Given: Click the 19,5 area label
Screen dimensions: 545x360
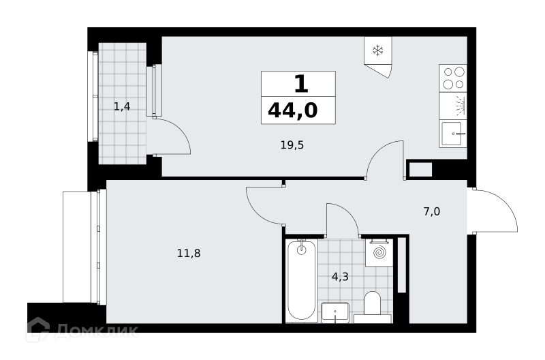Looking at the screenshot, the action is coord(292,145).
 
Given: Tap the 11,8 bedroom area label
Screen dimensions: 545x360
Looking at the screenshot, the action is coord(189,253).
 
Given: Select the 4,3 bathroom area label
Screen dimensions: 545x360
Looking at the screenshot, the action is coord(340,277).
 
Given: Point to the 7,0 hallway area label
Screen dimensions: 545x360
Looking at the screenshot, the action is coord(432,211).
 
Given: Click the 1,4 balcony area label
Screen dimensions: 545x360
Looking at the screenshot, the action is coord(122,106).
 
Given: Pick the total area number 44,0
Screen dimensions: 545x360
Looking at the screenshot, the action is coord(293,110).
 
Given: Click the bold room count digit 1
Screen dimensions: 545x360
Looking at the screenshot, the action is coord(301,84).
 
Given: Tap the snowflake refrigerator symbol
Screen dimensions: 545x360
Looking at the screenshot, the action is coord(377,50).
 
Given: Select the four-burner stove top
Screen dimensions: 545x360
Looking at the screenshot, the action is coord(453,78).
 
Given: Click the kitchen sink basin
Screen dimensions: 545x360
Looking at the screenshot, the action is coord(452,134).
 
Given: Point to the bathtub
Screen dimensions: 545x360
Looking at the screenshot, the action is coord(301,280).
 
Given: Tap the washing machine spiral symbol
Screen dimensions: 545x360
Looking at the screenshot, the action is coord(379,252).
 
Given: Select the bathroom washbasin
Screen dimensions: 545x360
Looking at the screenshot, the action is coord(335,312).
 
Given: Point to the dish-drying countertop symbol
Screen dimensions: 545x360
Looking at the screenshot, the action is coord(453,106).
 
